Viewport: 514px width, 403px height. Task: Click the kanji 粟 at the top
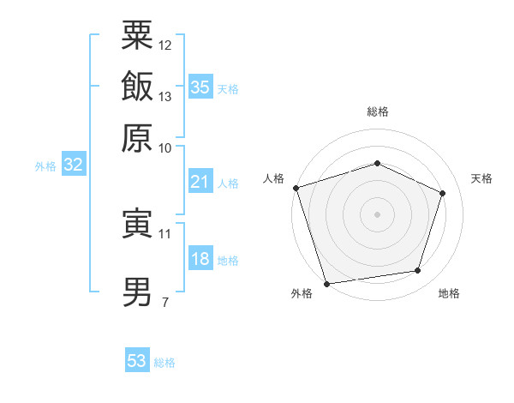click(137, 35)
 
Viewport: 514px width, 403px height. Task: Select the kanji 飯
click(137, 87)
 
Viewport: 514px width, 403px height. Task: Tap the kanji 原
click(137, 138)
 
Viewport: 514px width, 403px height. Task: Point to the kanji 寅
click(137, 224)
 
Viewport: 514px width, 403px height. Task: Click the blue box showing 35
click(200, 87)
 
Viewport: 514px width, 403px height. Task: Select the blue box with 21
click(200, 182)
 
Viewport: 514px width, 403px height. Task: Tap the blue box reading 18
click(200, 259)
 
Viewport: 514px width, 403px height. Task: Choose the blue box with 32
click(73, 165)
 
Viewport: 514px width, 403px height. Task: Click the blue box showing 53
click(136, 361)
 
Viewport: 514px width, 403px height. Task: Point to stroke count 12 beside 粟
click(165, 45)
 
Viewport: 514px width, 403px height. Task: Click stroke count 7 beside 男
click(164, 301)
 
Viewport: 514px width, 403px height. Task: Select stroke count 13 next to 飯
click(165, 96)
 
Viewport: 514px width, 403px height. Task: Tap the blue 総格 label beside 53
click(164, 363)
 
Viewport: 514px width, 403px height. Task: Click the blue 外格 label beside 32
click(45, 166)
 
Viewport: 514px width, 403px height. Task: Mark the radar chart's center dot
click(377, 214)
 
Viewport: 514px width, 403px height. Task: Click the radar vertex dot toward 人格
click(296, 188)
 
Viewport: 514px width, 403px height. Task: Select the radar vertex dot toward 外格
click(327, 283)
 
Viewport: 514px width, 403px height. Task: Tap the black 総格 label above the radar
click(377, 111)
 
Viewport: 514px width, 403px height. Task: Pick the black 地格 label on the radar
click(449, 294)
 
